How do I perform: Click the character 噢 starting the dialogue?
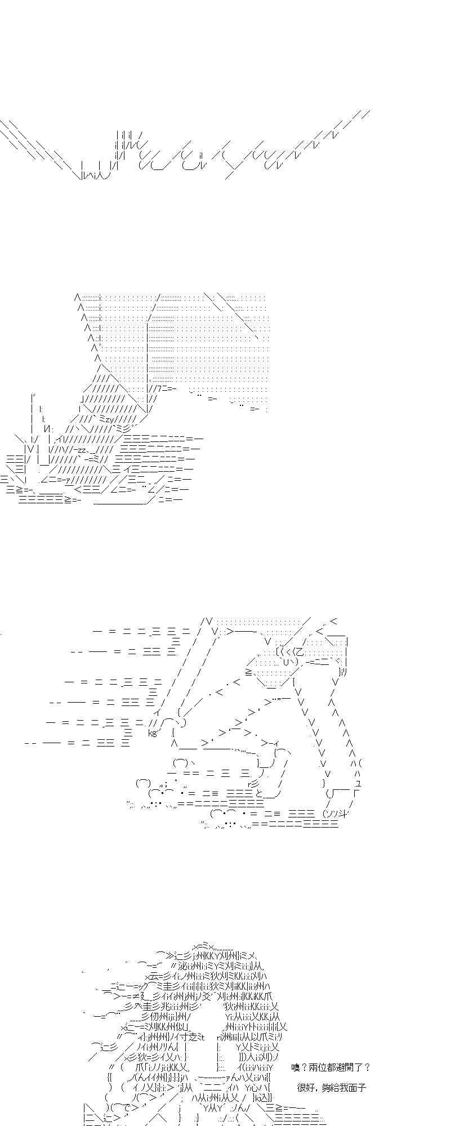tap(297, 1067)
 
